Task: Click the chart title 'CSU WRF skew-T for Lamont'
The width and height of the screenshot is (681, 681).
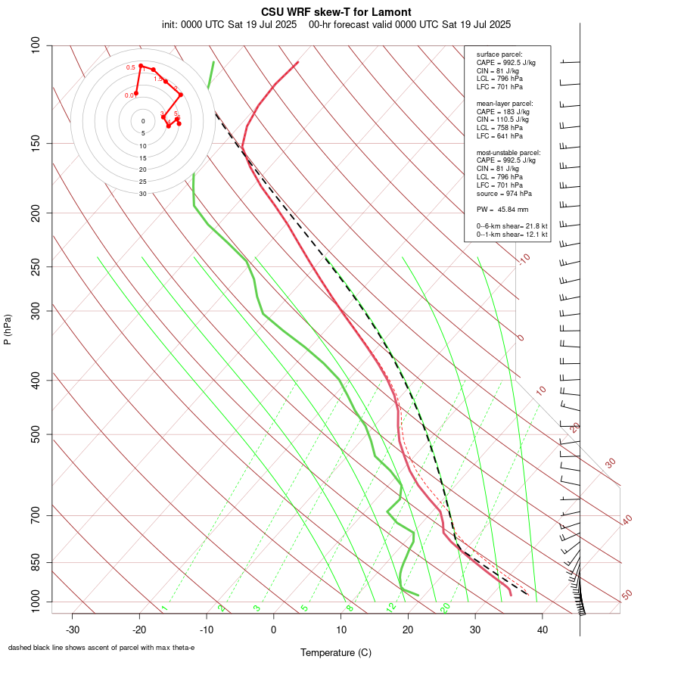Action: pyautogui.click(x=336, y=12)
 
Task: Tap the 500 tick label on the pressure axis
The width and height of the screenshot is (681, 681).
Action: pyautogui.click(x=36, y=434)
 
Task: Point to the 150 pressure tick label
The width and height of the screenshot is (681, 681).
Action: pyautogui.click(x=36, y=143)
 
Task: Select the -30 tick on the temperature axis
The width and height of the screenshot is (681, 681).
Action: pyautogui.click(x=73, y=629)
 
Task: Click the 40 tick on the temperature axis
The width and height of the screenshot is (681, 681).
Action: pyautogui.click(x=542, y=629)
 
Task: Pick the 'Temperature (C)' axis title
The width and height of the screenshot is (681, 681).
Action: pyautogui.click(x=336, y=652)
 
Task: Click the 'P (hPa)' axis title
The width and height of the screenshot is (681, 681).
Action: pyautogui.click(x=8, y=329)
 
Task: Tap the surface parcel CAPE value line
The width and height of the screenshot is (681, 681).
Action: pyautogui.click(x=505, y=63)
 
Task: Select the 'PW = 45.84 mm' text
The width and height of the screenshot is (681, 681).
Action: pyautogui.click(x=502, y=209)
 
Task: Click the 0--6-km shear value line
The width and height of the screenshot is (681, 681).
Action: pyautogui.click(x=512, y=226)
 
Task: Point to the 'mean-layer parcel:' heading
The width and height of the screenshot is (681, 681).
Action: pyautogui.click(x=505, y=103)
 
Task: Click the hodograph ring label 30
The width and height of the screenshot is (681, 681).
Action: pyautogui.click(x=142, y=194)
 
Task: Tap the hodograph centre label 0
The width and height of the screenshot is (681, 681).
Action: pyautogui.click(x=142, y=121)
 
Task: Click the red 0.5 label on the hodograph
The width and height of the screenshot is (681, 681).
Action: pyautogui.click(x=131, y=68)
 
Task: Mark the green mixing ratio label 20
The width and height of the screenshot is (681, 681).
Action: pyautogui.click(x=446, y=607)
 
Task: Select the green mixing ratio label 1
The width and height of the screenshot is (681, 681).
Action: pyautogui.click(x=164, y=608)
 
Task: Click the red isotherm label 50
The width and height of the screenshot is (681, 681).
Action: pyautogui.click(x=627, y=595)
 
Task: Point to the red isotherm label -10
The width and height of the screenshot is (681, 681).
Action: pyautogui.click(x=524, y=260)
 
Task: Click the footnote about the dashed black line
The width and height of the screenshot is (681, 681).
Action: pyautogui.click(x=101, y=648)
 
